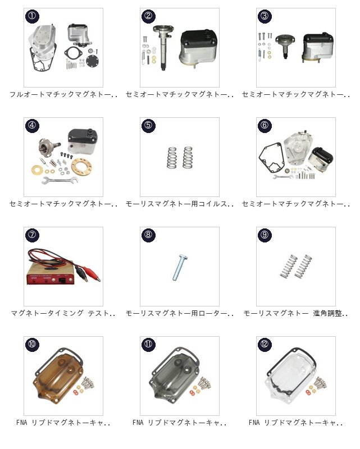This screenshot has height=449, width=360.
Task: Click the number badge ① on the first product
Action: coord(32,16)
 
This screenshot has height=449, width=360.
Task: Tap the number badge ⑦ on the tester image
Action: coord(32,235)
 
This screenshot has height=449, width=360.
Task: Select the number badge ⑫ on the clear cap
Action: coord(265,344)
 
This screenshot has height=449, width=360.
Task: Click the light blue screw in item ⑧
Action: coord(180,268)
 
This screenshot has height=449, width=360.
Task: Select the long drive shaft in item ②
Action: coord(163,49)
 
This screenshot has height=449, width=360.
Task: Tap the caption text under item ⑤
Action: coord(179,204)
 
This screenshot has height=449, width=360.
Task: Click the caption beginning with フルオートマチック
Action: coord(63,94)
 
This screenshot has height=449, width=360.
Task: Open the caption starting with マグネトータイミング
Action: coord(63,313)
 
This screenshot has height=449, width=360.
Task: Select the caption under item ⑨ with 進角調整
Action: coord(296,313)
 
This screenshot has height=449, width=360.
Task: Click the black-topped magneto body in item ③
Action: coord(318,47)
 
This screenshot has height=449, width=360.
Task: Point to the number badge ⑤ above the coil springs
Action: coord(148,125)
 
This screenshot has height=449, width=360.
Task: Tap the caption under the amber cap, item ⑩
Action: coord(63,423)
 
